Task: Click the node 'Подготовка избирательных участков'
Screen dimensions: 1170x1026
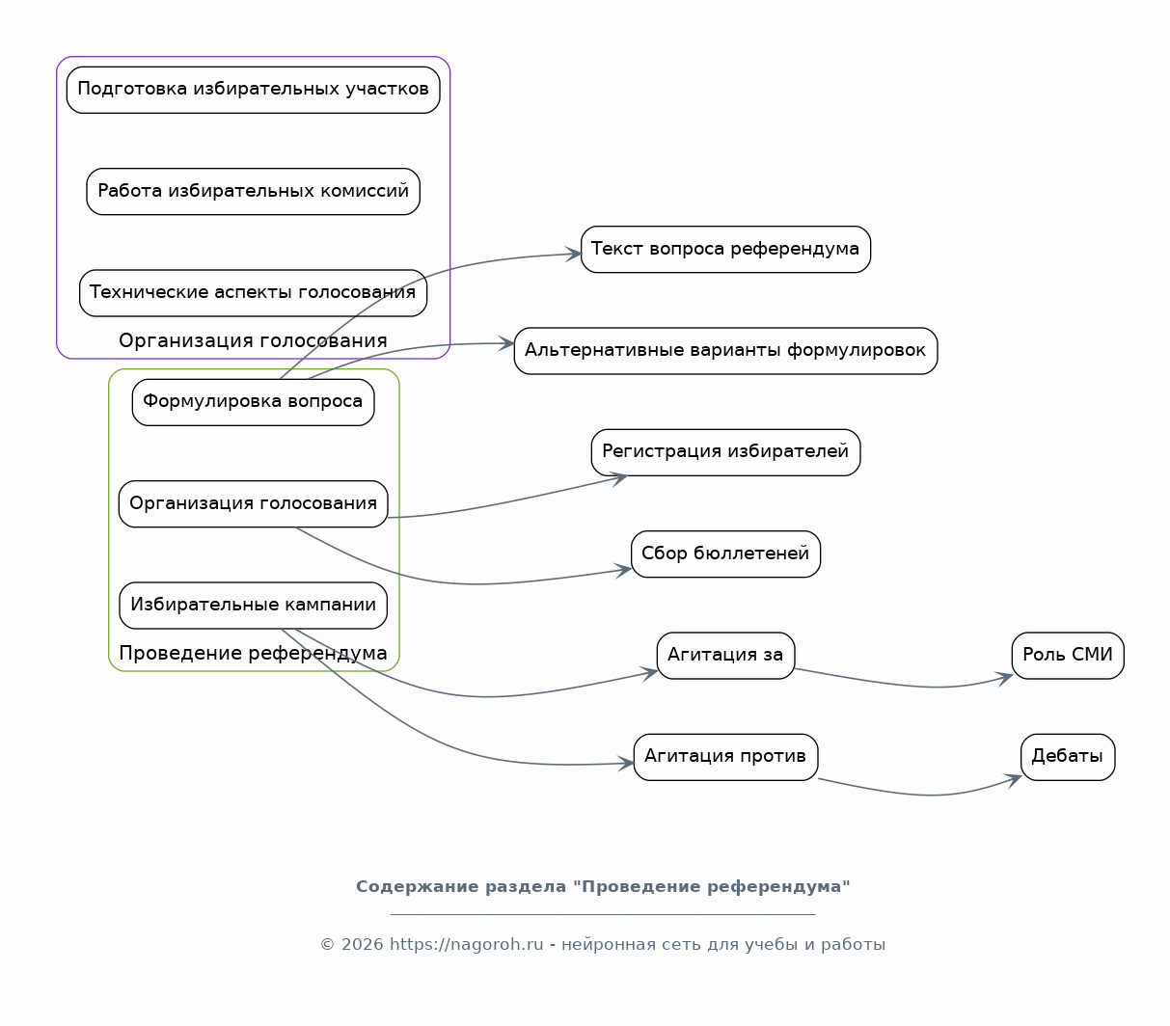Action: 253,90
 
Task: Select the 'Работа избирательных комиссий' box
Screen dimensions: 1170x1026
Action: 253,191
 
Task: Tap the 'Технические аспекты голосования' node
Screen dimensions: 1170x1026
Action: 253,293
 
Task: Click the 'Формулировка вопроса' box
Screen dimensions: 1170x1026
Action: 253,402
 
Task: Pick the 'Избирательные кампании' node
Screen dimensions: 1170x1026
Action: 253,606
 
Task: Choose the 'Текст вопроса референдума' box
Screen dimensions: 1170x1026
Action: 725,249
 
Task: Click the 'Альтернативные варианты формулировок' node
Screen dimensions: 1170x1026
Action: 725,350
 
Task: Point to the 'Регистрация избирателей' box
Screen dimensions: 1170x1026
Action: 725,452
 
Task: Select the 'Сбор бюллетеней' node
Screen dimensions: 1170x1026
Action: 725,553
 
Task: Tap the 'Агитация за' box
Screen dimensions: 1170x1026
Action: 725,656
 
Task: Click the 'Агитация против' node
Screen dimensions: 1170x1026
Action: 725,757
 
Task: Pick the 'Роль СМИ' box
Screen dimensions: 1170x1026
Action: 1067,656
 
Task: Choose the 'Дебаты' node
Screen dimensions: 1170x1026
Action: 1067,757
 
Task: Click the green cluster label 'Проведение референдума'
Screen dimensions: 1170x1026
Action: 253,653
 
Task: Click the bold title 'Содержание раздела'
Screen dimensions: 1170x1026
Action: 461,887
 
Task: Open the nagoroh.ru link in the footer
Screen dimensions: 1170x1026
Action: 467,945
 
